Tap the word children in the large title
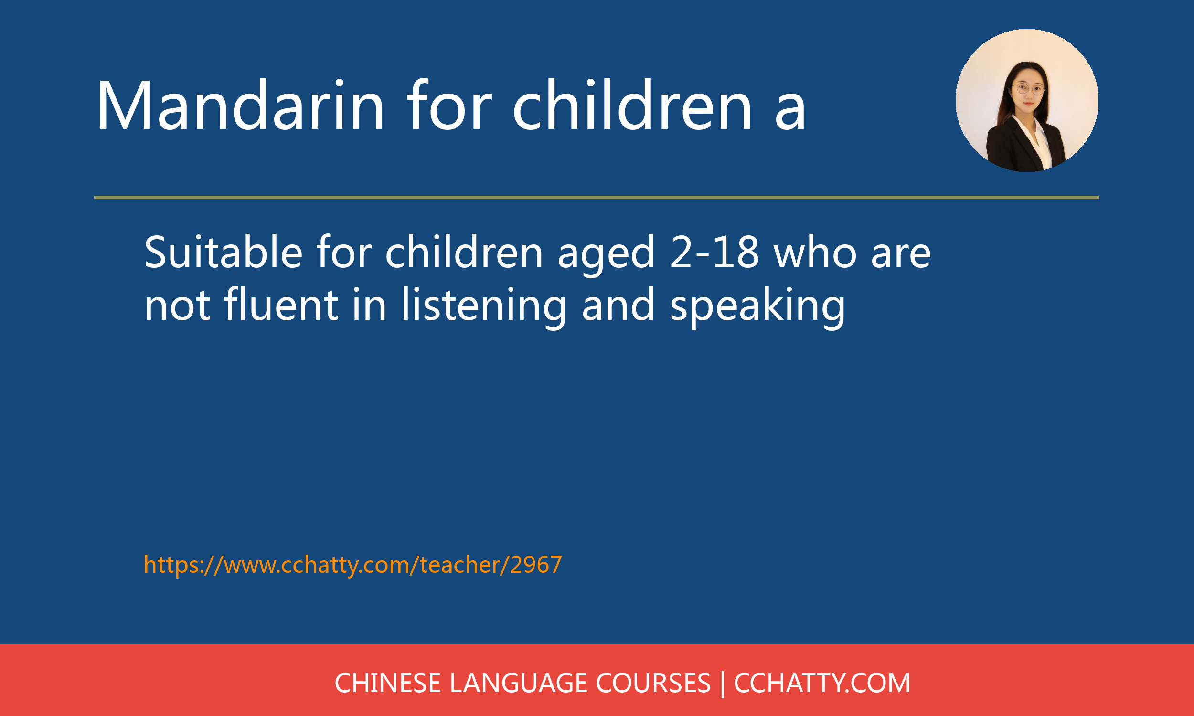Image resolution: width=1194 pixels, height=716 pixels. (632, 105)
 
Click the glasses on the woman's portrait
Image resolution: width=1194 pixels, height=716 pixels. (1028, 89)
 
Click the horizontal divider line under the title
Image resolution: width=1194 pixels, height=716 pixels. (597, 197)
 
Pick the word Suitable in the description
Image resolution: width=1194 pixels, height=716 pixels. (224, 252)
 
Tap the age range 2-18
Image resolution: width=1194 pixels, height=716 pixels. (715, 253)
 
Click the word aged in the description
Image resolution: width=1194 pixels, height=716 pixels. (606, 256)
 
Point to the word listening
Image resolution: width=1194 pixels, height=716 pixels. (484, 307)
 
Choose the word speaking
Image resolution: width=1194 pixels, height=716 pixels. (757, 307)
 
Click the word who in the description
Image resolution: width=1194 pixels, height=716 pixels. (815, 252)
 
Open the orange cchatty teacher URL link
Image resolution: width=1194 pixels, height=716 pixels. (353, 565)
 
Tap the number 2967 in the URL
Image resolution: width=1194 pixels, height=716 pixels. (536, 565)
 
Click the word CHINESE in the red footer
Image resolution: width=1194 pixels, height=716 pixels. (387, 683)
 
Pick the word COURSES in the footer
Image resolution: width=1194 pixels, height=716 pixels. (653, 683)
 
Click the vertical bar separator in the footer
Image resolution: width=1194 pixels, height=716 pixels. (723, 684)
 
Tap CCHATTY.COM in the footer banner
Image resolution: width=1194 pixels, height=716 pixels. (822, 683)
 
